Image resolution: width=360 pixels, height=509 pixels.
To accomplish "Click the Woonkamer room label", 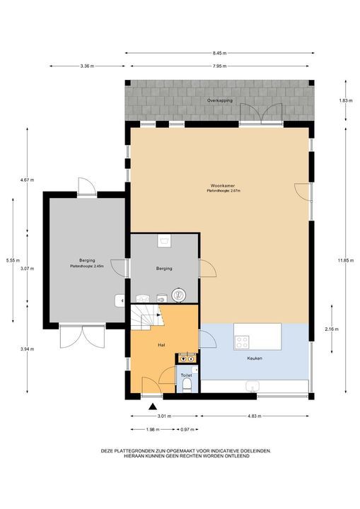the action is coord(223,186).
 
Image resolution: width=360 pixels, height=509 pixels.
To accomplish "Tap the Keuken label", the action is coord(255,358).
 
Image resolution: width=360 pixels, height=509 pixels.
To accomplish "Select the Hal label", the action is coord(161,345).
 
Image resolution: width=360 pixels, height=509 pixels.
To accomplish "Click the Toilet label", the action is coord(187,375).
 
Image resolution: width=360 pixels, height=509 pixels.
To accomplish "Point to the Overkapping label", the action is coord(220,100).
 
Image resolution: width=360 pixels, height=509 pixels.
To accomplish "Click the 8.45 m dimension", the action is coord(220,53).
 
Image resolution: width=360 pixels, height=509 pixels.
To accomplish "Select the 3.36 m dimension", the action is coord(87,66).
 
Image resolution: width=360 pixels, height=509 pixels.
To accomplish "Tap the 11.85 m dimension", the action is coord(346,260).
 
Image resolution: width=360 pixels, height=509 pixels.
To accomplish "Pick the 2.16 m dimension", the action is coord(332,329).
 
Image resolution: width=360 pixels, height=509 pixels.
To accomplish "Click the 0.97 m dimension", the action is coord(187,430).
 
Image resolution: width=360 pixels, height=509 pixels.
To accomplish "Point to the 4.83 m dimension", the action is coord(254,416).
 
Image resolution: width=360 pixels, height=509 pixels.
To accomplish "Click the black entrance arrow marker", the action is coord(153,406).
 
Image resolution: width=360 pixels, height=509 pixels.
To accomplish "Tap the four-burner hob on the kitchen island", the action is coord(242,342).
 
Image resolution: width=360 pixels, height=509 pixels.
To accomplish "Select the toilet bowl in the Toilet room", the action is coord(187,385).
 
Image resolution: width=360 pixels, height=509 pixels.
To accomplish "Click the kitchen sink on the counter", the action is coord(252,386).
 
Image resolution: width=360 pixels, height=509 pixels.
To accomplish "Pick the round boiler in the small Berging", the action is coord(178,295).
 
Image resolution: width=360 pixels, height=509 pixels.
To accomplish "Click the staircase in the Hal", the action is coord(148,317).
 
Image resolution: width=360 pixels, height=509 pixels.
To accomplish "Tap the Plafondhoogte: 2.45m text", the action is coord(87,267).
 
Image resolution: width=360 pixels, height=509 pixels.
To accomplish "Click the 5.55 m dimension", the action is coord(13,260).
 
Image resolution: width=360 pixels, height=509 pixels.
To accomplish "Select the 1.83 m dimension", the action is coord(346,100).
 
